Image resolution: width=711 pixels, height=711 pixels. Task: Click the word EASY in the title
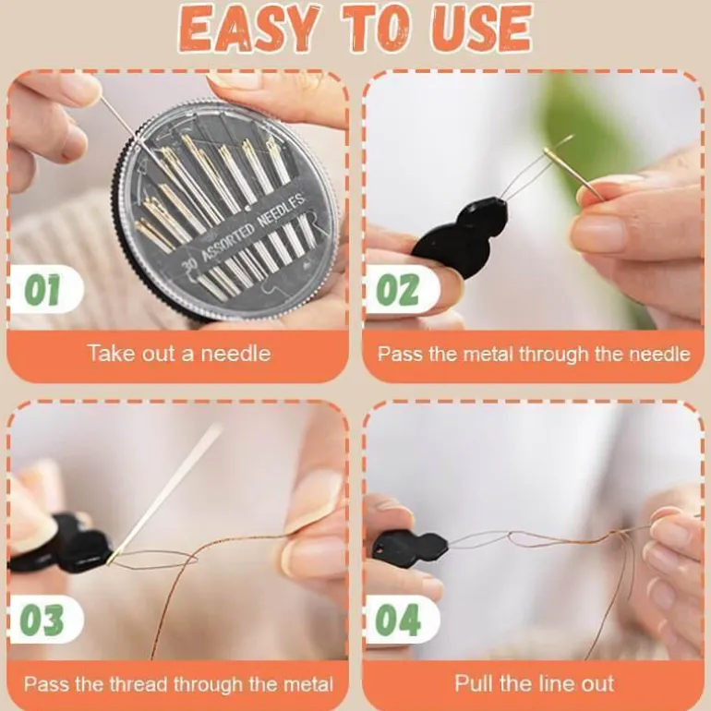pyautogui.click(x=248, y=29)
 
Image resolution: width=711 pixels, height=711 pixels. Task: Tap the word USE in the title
pyautogui.click(x=481, y=29)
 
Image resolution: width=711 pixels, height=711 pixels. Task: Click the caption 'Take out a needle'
pyautogui.click(x=178, y=354)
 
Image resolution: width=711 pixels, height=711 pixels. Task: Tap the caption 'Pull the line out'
pyautogui.click(x=534, y=683)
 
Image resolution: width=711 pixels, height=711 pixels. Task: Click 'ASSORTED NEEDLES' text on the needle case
pyautogui.click(x=253, y=227)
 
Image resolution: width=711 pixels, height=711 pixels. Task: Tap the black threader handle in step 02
pyautogui.click(x=459, y=239)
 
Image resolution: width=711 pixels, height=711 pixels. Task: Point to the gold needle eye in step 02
pyautogui.click(x=550, y=154)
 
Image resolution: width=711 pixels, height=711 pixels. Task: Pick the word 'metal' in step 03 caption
pyautogui.click(x=307, y=684)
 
